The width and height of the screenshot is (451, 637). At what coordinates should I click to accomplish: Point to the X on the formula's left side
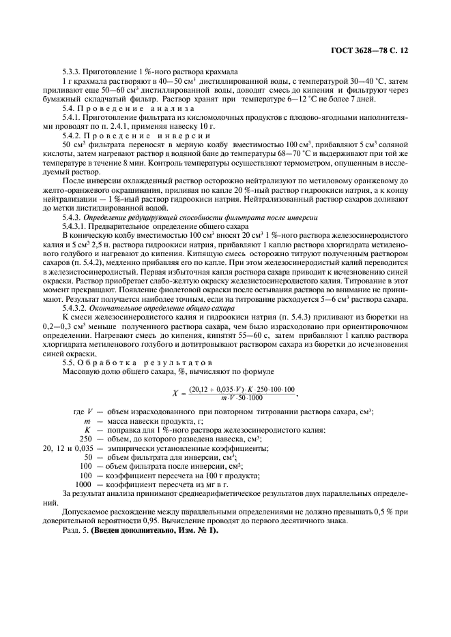[175, 394]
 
